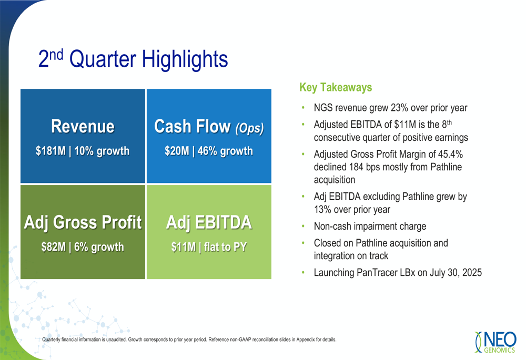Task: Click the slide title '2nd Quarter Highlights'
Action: [x=133, y=59]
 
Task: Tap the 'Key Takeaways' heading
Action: [x=336, y=87]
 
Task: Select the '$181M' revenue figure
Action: [x=50, y=151]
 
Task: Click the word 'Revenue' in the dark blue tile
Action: [x=83, y=126]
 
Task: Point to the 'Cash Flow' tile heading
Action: [x=192, y=126]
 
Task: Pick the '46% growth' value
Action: [x=225, y=151]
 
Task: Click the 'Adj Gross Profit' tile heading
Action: [x=83, y=222]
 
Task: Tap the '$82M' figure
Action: [x=53, y=247]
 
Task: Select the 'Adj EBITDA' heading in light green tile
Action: [x=209, y=222]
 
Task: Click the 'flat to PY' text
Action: [x=226, y=247]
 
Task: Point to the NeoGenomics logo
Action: [x=495, y=342]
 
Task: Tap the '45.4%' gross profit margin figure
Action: [x=451, y=154]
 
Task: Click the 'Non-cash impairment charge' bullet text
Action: [x=370, y=227]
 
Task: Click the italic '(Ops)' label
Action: [x=249, y=128]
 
